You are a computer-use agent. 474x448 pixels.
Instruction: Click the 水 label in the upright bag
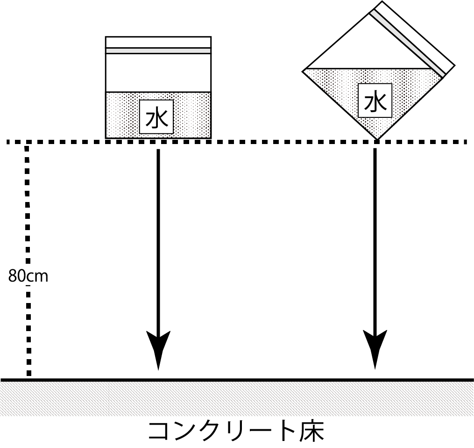156,117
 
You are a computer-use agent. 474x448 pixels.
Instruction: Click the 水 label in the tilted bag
375,101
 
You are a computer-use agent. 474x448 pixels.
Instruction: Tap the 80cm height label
28,276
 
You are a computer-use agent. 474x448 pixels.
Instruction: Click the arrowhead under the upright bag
158,348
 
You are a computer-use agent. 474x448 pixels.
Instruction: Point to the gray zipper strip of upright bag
158,51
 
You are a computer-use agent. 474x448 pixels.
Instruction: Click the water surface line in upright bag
158,92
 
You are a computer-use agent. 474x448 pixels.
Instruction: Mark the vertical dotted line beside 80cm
28,210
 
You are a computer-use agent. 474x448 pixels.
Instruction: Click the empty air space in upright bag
158,73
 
